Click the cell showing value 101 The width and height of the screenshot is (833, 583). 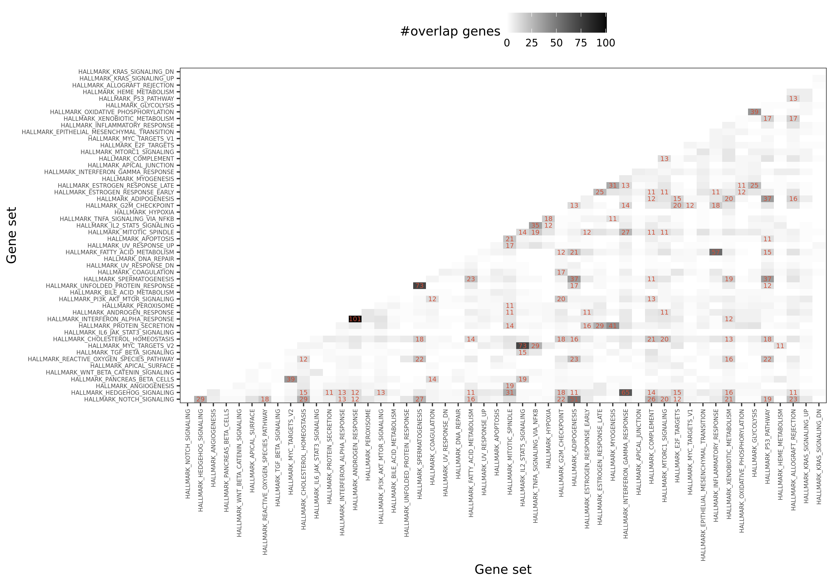[x=355, y=319]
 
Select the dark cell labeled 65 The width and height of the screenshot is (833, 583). [x=626, y=393]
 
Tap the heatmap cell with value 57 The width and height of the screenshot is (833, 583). [x=716, y=252]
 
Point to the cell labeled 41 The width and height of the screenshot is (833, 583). [x=613, y=326]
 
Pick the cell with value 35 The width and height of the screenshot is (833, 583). [x=535, y=225]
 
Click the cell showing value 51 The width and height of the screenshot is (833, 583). [x=574, y=399]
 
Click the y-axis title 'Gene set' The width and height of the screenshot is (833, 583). [x=12, y=235]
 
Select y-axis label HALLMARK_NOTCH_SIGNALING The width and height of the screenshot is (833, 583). [x=129, y=399]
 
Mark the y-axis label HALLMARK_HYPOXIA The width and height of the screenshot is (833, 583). [x=144, y=212]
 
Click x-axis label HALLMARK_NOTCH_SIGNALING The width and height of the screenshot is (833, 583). [x=188, y=453]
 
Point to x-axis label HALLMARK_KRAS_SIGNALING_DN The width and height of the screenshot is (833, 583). [x=819, y=456]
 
